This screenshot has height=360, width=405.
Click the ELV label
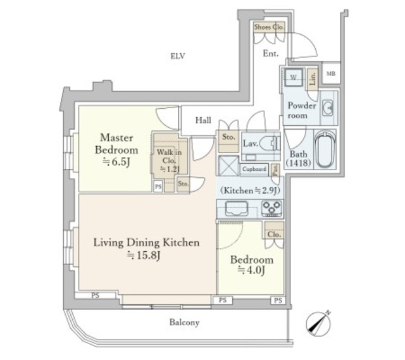(x=177, y=56)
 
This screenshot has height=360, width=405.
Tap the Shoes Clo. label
(x=269, y=27)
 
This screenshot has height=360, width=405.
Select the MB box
(x=331, y=73)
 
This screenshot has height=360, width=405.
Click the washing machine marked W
(x=294, y=77)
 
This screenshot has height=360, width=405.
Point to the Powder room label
(x=297, y=111)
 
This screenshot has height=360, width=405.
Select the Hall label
(x=203, y=120)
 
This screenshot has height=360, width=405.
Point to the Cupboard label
(x=254, y=169)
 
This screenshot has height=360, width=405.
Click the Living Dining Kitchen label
(x=147, y=242)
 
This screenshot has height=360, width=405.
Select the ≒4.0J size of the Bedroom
(x=251, y=271)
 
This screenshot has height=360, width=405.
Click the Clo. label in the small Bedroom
(x=274, y=233)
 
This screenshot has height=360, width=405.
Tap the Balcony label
(x=184, y=323)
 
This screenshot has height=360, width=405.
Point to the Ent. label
(x=271, y=54)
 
